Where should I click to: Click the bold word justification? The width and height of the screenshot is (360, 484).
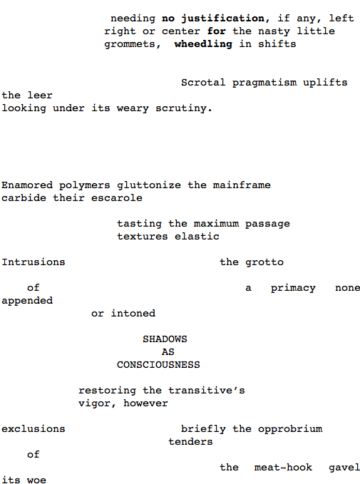point(223,19)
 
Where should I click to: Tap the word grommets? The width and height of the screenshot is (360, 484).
point(129,44)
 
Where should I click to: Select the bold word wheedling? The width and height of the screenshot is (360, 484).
point(203,44)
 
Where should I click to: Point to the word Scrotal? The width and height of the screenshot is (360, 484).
point(203,83)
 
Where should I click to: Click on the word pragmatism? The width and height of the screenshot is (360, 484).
point(264,83)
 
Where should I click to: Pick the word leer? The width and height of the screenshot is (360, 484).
point(40,95)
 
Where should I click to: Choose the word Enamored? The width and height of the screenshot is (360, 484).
point(27,185)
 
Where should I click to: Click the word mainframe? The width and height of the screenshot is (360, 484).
point(242,185)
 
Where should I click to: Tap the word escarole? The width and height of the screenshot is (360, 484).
point(117,198)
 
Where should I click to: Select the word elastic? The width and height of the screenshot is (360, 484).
point(197,237)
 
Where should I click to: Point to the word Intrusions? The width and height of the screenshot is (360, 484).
point(34,262)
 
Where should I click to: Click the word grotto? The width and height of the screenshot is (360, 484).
point(264,262)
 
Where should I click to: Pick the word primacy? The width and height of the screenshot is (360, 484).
point(293,288)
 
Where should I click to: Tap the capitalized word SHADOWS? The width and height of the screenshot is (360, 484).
point(165,339)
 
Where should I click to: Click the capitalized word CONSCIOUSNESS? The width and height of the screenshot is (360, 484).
point(158,365)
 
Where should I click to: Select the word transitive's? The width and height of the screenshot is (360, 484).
point(207,391)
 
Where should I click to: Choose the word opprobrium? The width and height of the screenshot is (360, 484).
point(290,429)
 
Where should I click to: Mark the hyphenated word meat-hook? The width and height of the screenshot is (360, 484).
point(283,468)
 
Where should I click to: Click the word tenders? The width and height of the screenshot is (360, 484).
point(190,442)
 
